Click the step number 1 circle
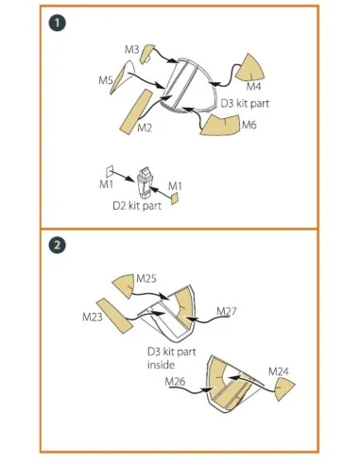57,23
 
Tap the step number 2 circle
57,245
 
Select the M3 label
131,49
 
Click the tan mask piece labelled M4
250,68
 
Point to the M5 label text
106,80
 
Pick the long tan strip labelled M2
136,112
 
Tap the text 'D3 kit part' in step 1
245,103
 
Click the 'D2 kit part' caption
137,206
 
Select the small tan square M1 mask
175,198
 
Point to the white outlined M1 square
110,171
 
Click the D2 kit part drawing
145,182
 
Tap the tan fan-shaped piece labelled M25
124,285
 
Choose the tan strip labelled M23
114,315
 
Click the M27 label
227,311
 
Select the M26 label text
175,382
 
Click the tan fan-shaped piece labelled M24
284,389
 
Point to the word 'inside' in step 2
161,365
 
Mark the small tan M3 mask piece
146,54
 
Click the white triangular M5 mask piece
123,77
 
